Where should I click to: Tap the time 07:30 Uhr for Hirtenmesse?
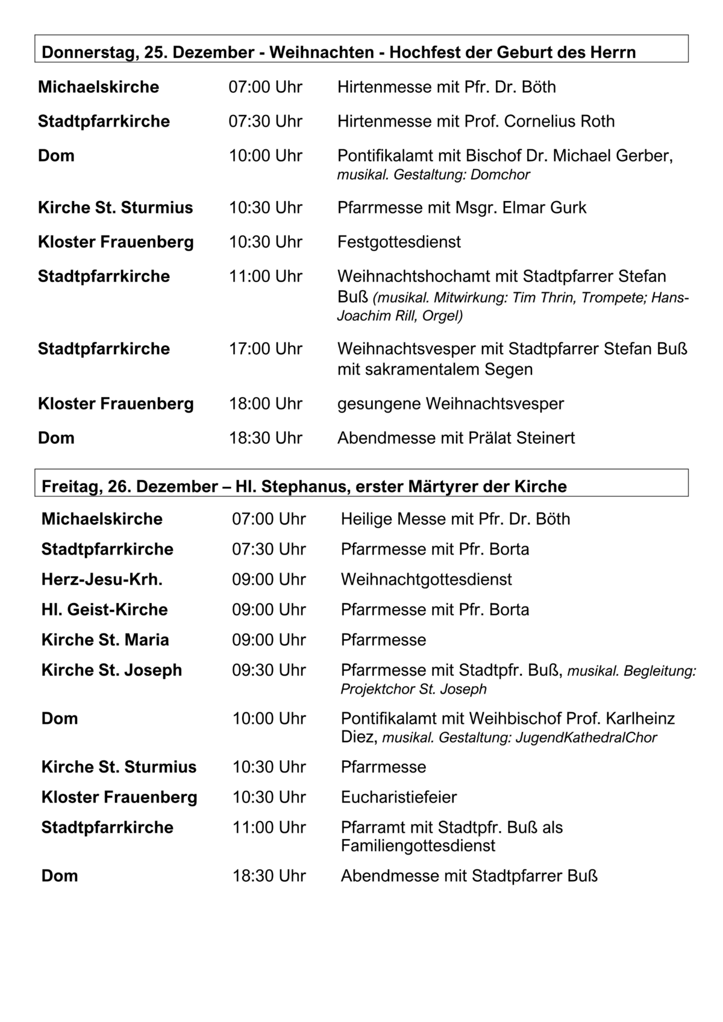(265, 121)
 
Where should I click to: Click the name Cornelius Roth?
(559, 121)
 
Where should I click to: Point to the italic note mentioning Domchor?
(434, 175)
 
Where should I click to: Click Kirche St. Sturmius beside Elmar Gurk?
(115, 207)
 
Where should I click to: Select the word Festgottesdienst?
(399, 241)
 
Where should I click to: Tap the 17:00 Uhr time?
(265, 349)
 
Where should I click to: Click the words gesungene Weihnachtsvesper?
(451, 403)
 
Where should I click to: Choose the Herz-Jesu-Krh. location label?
(102, 579)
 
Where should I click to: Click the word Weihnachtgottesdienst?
(426, 579)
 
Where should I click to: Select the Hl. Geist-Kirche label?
(104, 609)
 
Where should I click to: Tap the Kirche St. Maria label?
(105, 640)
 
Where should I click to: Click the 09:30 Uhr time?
(269, 670)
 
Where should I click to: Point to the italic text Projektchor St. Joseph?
(413, 688)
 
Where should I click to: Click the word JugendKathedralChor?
(586, 737)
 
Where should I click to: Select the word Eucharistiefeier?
(399, 797)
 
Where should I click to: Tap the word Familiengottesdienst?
(418, 846)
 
